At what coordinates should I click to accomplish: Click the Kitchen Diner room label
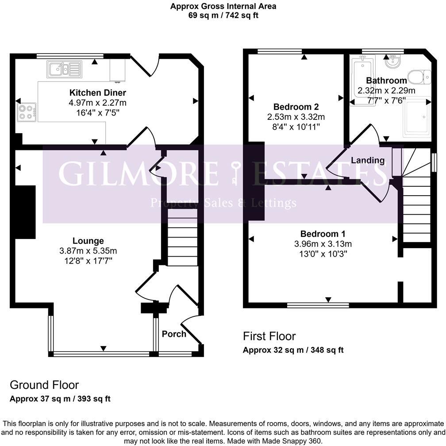pos(97,93)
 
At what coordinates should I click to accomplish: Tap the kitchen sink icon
pos(65,69)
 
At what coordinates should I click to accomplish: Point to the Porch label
pos(174,334)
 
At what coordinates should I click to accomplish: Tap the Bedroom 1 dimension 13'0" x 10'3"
pos(323,254)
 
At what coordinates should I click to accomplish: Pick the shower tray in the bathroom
pos(416,116)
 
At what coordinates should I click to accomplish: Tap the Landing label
pos(368,160)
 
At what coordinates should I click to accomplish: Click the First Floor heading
pos(269,336)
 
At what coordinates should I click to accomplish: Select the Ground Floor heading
pos(44,384)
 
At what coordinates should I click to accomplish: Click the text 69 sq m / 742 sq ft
pos(223,15)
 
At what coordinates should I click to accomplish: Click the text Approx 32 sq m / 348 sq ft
pos(293,350)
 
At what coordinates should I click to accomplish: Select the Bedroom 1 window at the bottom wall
pos(318,305)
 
